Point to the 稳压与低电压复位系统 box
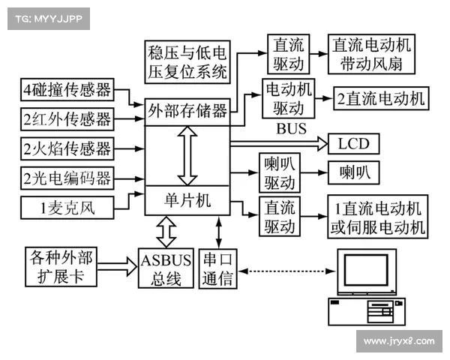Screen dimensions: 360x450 (x=188, y=62)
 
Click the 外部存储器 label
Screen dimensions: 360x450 (x=187, y=112)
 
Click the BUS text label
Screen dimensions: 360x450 (x=291, y=129)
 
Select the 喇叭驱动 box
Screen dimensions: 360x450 (x=280, y=173)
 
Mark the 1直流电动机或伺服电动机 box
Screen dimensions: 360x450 (x=379, y=216)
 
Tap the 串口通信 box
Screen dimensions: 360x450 (x=218, y=269)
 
